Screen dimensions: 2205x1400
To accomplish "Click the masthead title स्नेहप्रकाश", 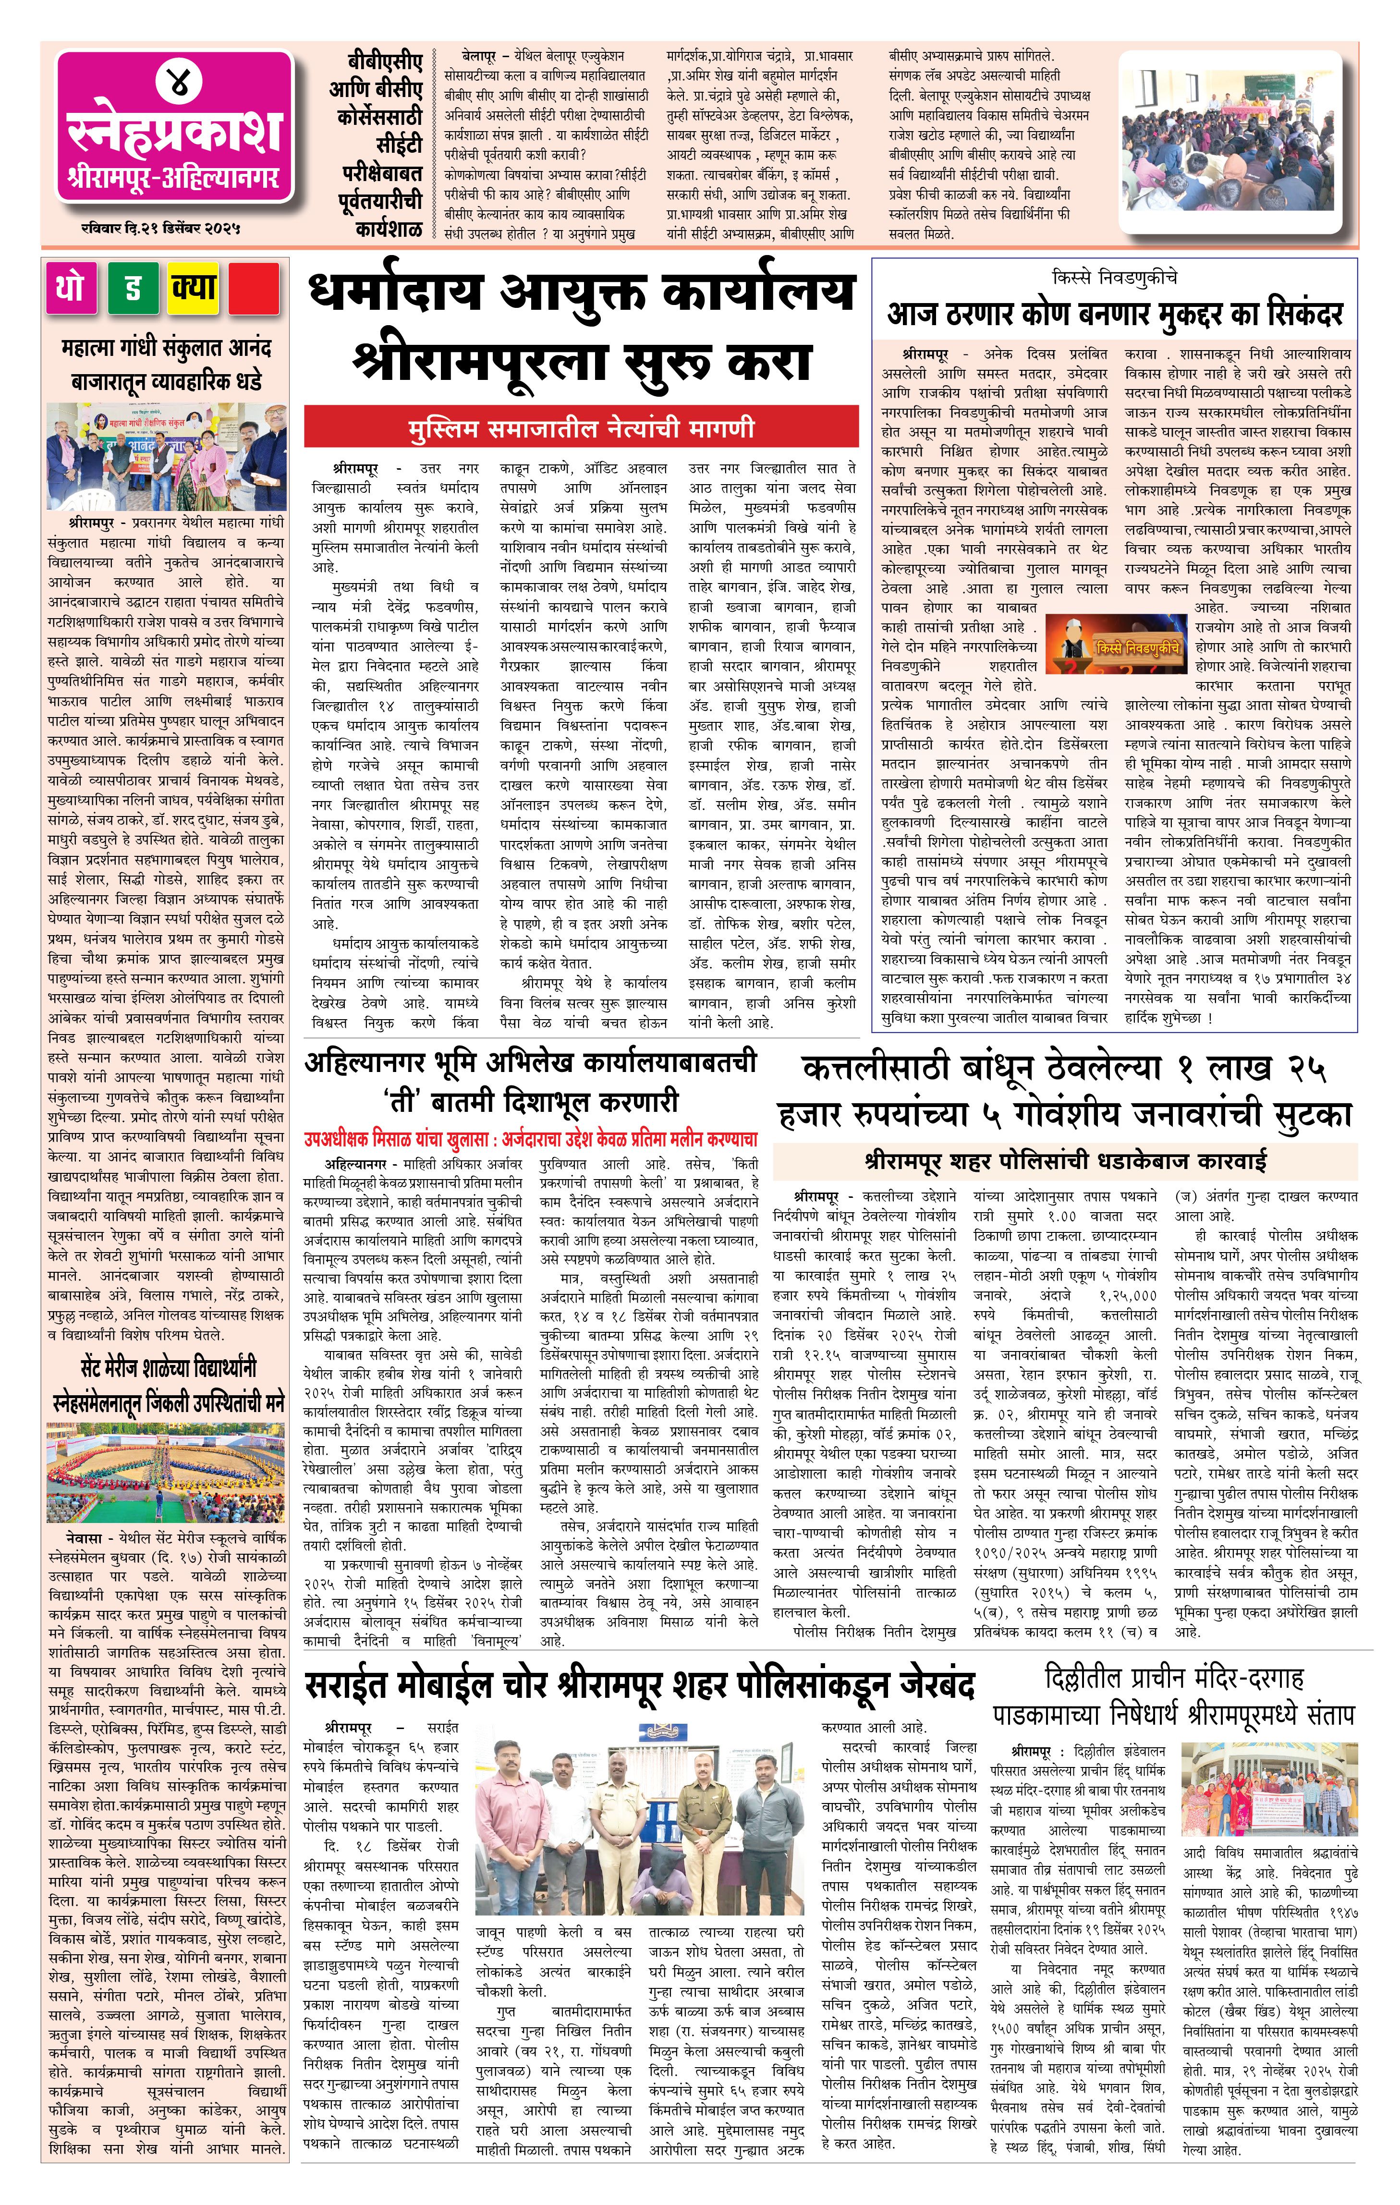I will (x=174, y=133).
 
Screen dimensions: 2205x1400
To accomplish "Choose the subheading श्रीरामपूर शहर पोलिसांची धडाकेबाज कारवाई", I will (x=1065, y=1162).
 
